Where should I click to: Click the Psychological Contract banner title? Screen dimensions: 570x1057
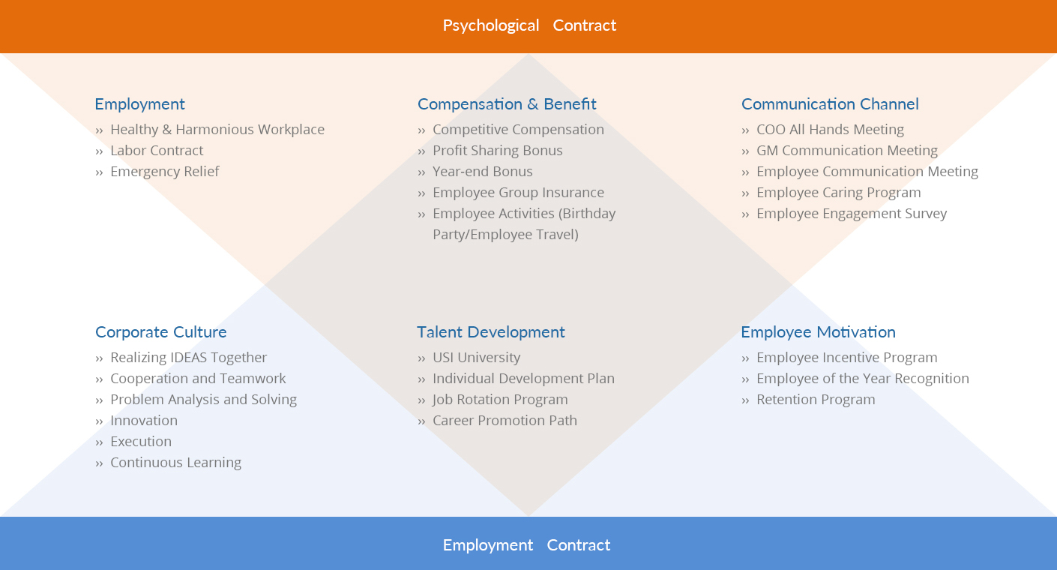(528, 25)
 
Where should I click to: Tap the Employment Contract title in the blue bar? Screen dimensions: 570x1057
(526, 545)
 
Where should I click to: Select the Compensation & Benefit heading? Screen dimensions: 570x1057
(507, 104)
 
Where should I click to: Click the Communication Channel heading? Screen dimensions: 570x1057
(830, 104)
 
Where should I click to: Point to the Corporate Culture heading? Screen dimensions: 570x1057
(160, 332)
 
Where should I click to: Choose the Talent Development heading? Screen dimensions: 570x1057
(491, 332)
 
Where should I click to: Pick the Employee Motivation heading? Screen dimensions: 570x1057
(818, 332)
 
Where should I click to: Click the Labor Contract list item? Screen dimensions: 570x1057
(157, 151)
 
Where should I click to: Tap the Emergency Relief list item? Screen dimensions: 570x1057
(164, 172)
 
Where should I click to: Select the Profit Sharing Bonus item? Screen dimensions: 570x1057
(497, 151)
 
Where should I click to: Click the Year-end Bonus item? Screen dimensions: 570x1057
(482, 172)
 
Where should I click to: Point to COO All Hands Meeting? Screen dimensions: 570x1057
(830, 130)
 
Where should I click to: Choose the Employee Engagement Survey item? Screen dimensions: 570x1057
(852, 214)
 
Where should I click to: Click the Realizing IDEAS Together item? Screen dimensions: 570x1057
(188, 358)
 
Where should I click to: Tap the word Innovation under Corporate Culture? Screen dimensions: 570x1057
(144, 421)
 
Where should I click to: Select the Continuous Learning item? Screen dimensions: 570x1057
(175, 463)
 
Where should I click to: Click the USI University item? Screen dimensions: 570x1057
(476, 358)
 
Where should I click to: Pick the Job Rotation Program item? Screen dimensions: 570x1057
(500, 400)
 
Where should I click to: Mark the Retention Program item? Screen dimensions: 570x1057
(816, 400)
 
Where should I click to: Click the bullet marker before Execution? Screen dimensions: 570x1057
(99, 442)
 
